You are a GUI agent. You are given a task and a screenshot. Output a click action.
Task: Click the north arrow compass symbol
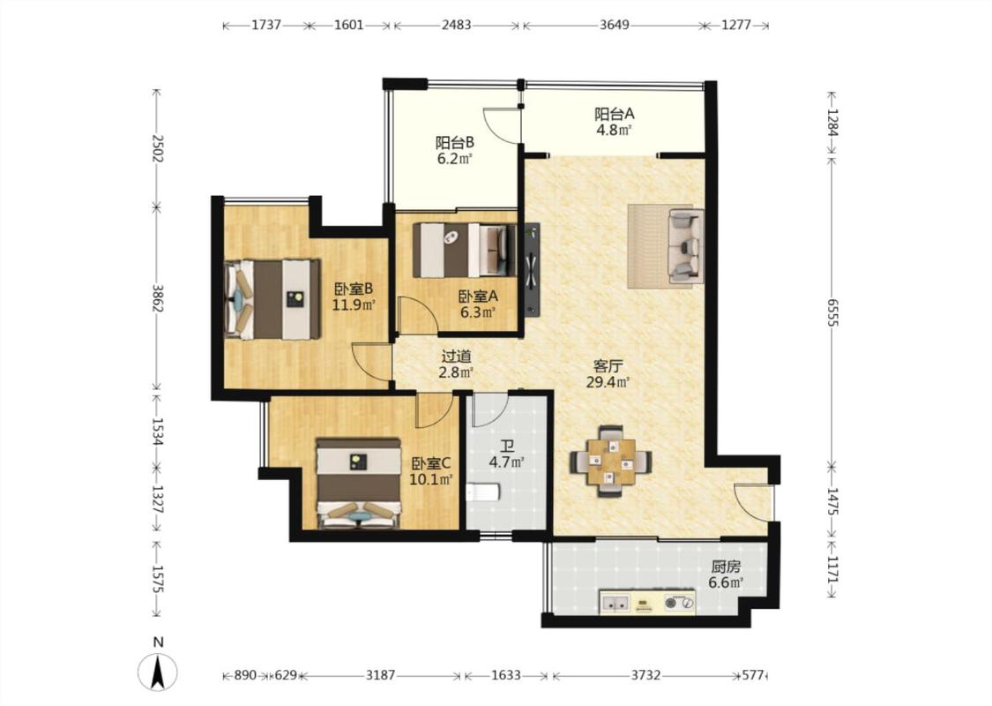[x=158, y=671]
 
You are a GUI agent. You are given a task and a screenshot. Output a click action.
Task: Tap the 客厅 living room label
[x=608, y=365]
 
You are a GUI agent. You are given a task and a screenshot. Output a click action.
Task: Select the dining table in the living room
[x=611, y=461]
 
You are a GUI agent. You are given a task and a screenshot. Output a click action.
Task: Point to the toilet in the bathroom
[x=483, y=492]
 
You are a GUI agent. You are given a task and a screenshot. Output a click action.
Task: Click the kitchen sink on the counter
[x=615, y=603]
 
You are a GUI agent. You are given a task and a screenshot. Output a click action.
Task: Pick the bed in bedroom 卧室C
[x=360, y=483]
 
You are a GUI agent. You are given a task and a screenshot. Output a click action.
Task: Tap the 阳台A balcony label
[x=614, y=114]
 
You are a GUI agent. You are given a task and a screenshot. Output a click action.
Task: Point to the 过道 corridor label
[x=456, y=357]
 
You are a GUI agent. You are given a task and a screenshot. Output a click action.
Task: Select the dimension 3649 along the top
[x=614, y=26]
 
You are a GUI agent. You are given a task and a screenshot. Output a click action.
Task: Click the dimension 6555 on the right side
[x=832, y=311]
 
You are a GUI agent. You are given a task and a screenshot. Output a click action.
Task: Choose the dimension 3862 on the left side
[x=158, y=297]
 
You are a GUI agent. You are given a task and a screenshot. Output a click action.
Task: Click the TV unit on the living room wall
[x=532, y=269]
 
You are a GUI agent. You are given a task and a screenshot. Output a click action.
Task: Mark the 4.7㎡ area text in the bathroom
[x=507, y=462]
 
